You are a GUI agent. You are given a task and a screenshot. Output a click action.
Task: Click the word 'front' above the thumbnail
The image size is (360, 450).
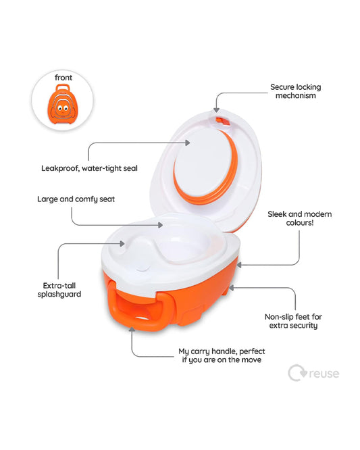click(63, 78)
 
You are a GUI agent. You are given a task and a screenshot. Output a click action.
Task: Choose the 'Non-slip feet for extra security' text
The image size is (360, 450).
click(291, 320)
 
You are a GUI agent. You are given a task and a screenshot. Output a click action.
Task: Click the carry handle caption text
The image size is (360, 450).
click(220, 355)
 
